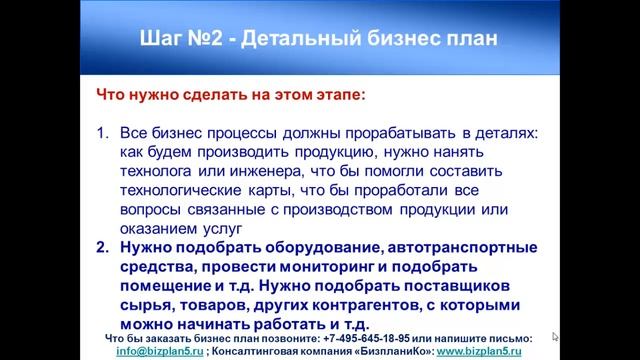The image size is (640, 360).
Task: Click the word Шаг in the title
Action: [x=157, y=39]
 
